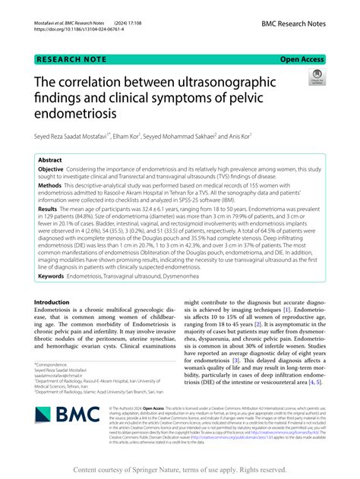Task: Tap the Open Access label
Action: coord(303,58)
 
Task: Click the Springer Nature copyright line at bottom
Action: coord(179,469)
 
